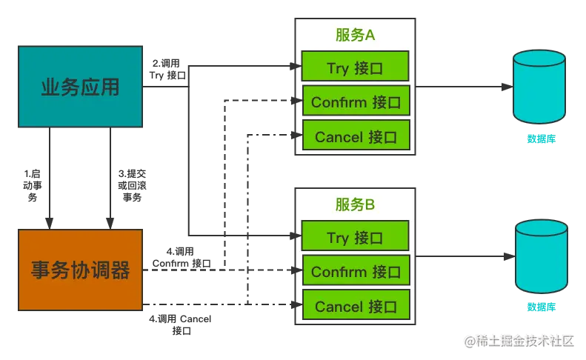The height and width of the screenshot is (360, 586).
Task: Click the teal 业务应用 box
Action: click(x=80, y=88)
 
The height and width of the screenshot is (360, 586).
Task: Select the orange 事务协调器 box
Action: click(x=80, y=270)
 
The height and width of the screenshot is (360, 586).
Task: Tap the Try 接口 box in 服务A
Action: click(x=355, y=68)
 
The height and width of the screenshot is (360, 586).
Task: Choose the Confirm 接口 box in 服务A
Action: click(x=356, y=102)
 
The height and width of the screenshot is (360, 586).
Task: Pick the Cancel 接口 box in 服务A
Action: click(x=356, y=137)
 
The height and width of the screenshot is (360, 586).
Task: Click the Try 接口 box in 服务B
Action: click(x=355, y=238)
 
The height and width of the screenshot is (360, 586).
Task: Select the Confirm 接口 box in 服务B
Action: click(x=356, y=272)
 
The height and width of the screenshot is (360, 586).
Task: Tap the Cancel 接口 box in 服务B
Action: click(x=356, y=306)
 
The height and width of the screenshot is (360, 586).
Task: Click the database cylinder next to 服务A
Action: click(x=541, y=87)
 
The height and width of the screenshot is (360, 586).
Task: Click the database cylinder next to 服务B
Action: click(x=541, y=258)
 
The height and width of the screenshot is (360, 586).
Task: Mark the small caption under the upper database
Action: click(x=540, y=139)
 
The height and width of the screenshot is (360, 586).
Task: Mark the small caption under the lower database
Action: click(x=540, y=307)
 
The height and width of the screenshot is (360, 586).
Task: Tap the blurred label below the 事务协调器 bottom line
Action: click(x=181, y=324)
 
